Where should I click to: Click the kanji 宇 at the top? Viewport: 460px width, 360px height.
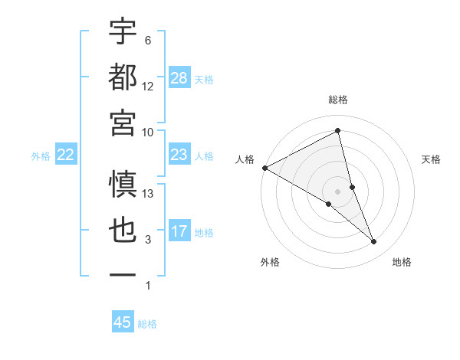[x=123, y=31]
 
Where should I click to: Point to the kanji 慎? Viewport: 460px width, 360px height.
[x=123, y=185]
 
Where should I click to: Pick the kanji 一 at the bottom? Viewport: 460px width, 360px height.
[x=123, y=274]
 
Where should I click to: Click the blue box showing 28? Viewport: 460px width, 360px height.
[x=179, y=79]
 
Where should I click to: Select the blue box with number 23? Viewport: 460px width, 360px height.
[x=179, y=155]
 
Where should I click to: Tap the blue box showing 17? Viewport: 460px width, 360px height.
[x=179, y=232]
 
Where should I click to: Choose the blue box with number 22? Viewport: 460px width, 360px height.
[x=66, y=155]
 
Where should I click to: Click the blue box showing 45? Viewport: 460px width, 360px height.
[x=123, y=322]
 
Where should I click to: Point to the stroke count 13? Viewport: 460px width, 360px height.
[x=149, y=194]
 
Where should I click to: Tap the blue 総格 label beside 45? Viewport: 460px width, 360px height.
[x=147, y=324]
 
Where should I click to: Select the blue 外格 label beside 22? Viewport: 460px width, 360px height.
[x=41, y=156]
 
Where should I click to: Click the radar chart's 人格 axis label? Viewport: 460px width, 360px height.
[x=245, y=159]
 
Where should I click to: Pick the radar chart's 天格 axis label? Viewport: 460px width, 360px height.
[x=431, y=159]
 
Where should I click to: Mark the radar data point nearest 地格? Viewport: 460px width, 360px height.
[x=373, y=242]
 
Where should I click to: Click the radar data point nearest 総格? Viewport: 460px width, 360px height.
[x=338, y=132]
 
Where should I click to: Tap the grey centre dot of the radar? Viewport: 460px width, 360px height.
[x=338, y=191]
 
